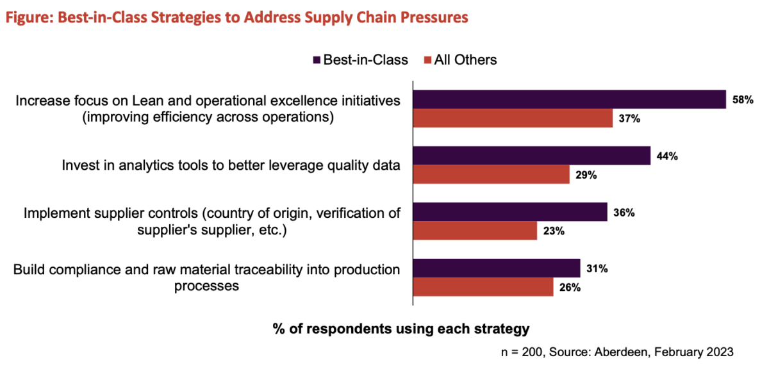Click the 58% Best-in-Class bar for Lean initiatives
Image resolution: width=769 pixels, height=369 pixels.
coord(569,99)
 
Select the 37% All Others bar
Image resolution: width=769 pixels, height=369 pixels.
coord(513,119)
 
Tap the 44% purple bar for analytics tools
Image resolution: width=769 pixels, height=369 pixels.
coord(531,156)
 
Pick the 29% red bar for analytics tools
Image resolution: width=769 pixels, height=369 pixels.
coord(491,175)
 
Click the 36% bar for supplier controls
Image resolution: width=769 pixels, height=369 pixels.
coord(510,212)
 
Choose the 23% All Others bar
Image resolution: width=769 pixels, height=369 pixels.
coord(475,231)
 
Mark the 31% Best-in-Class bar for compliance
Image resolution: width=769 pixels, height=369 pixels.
coord(497,268)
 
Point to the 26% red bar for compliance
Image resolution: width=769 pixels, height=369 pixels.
coord(483,288)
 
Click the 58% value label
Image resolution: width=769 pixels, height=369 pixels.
coord(743,100)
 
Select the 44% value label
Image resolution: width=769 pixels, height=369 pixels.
coord(667,156)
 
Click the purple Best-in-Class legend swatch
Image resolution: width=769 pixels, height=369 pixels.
coord(316,60)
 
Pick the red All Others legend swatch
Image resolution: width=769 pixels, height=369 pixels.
coord(427,60)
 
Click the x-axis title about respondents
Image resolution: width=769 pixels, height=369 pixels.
coord(401,329)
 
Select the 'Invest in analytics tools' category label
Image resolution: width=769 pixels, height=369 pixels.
coord(231,165)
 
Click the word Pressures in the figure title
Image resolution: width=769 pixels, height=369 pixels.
coord(431,18)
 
